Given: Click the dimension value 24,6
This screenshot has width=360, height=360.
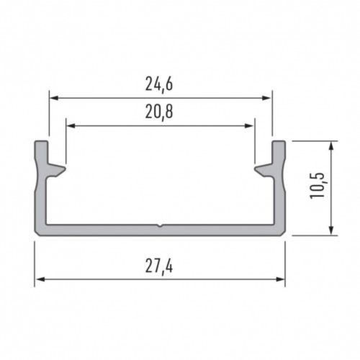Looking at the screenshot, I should coord(160,84).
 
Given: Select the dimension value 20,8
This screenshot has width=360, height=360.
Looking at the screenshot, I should coord(160,112).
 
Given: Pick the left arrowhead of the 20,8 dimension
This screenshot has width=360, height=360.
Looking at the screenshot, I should coord(70,125).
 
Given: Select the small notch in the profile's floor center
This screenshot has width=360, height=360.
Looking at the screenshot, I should coord(161,225).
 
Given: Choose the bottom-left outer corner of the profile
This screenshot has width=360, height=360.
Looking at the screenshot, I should coord(36,234).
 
